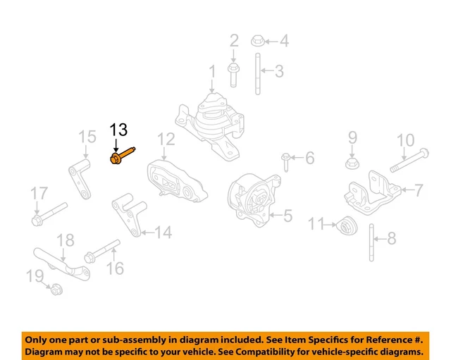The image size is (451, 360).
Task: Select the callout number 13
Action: (118, 130)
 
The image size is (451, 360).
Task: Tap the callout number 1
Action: (211, 72)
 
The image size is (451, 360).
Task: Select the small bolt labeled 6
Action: (286, 161)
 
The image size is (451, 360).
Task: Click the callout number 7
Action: (418, 190)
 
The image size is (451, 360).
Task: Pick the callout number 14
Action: (163, 231)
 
